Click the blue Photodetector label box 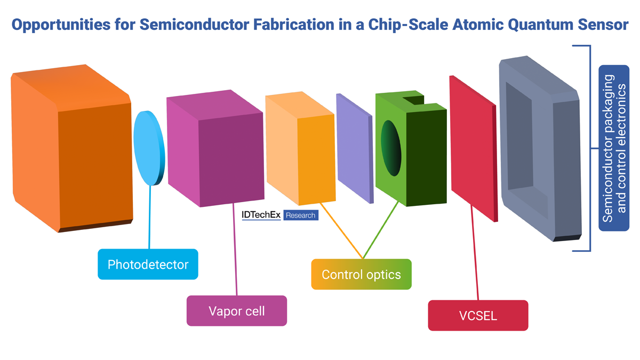point(148,264)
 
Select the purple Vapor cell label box point(236,310)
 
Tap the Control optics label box point(361,274)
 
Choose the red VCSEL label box point(478,315)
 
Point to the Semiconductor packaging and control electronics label point(613,148)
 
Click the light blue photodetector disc point(149,148)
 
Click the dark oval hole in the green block point(391,148)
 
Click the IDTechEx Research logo point(279,215)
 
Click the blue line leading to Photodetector point(150,219)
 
